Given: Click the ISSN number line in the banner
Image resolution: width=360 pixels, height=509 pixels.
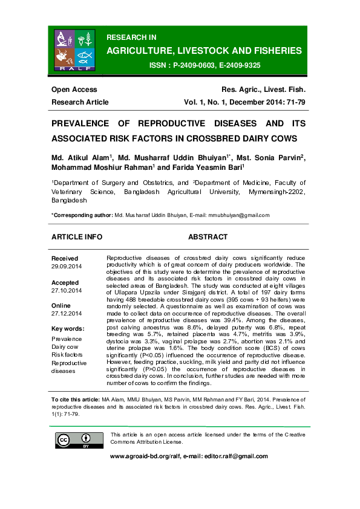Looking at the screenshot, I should (205, 65).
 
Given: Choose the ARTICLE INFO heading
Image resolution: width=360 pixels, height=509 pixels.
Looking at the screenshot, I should (77, 237).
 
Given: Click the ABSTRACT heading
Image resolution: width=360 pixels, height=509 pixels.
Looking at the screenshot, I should (208, 237).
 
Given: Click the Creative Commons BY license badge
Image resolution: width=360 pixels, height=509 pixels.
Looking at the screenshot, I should (72, 441).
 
